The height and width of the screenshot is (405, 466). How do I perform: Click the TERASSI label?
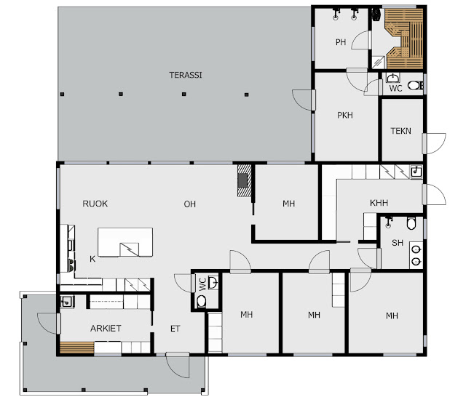[x=186, y=75]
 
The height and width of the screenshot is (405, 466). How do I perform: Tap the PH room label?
[x=341, y=42]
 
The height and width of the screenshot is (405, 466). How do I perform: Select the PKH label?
[x=345, y=115]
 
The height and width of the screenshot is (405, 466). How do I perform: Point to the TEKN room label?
[x=401, y=131]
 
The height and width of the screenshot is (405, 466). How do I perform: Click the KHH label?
[x=379, y=203]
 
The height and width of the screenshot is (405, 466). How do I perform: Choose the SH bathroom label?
[x=398, y=243]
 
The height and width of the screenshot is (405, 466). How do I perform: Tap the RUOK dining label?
[x=95, y=204]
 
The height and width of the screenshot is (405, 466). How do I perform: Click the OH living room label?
[x=189, y=204]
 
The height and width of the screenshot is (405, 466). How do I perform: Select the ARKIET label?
[x=106, y=329]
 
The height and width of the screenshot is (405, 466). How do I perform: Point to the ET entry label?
[x=175, y=329]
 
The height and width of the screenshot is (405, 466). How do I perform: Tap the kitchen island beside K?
[x=125, y=242]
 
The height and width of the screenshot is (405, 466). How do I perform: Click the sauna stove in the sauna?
[x=376, y=15]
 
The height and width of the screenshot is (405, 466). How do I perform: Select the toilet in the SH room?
[x=411, y=223]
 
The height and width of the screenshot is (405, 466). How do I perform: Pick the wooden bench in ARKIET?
[x=77, y=348]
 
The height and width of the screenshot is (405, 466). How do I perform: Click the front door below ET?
[x=178, y=365]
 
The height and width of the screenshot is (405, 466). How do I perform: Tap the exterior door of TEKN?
[x=434, y=144]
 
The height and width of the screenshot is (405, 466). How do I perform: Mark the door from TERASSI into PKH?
[x=304, y=100]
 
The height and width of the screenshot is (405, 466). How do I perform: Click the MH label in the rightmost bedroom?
[x=392, y=316]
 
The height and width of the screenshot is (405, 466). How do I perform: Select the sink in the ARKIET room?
[x=67, y=302]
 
